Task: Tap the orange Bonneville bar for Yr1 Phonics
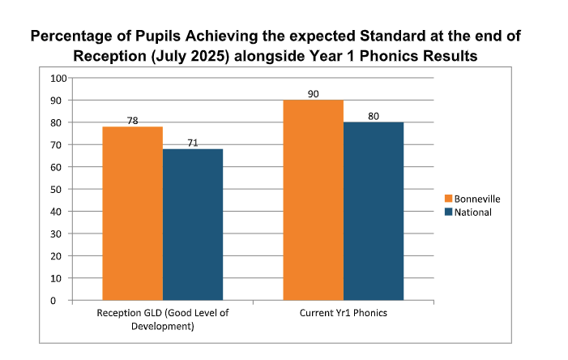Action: pos(313,200)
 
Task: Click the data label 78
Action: pos(133,121)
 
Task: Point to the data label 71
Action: pos(193,143)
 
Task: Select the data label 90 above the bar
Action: pos(314,94)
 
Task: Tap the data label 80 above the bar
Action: pos(374,115)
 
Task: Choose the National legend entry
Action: pos(471,212)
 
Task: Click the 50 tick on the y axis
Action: pos(59,190)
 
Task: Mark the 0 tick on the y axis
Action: pos(62,301)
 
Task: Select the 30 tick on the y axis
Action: pos(59,234)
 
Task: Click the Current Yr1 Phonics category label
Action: pos(344,313)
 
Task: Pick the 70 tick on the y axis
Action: pos(59,145)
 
